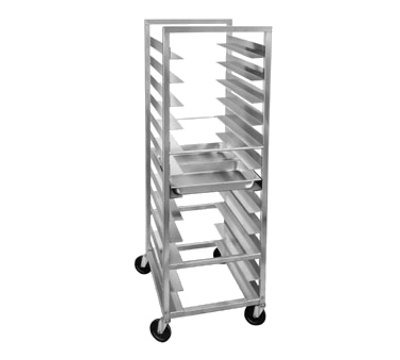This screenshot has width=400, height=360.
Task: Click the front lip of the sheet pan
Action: tap(212, 186)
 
